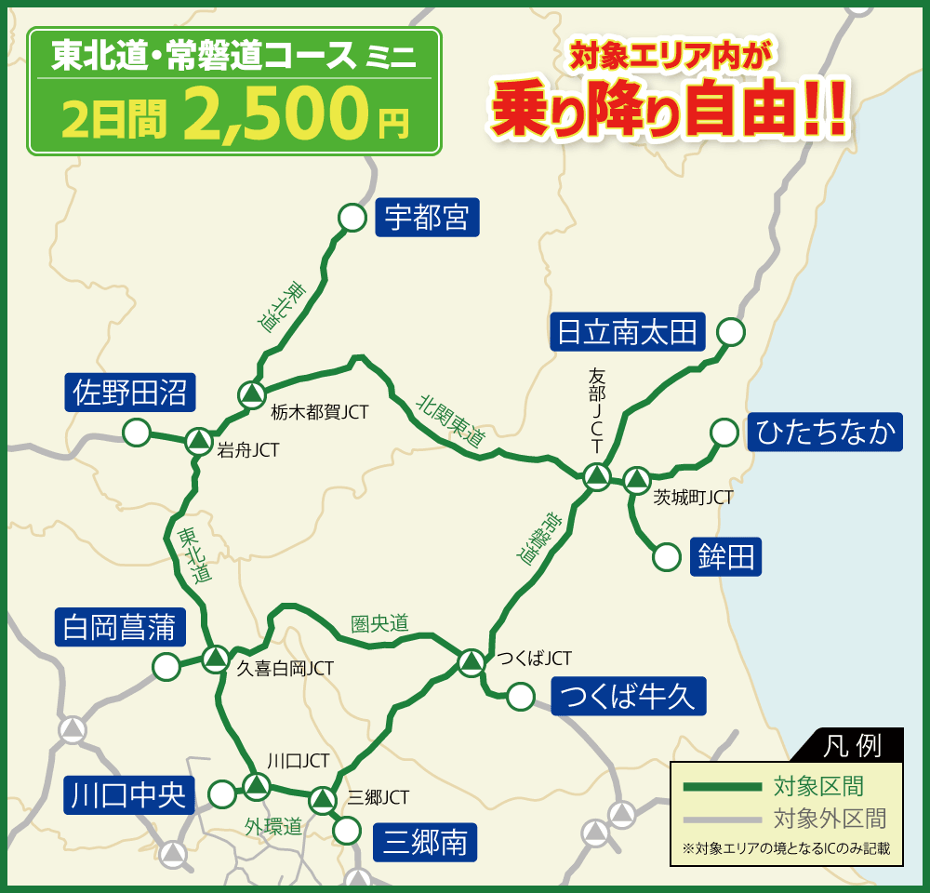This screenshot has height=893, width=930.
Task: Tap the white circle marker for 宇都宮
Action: pyautogui.click(x=352, y=218)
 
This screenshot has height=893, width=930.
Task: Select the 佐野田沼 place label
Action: pyautogui.click(x=130, y=393)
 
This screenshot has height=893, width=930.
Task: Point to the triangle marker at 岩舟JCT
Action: pyautogui.click(x=198, y=441)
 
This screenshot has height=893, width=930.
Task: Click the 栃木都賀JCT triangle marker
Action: pyautogui.click(x=251, y=395)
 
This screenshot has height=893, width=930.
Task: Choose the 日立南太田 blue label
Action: pyautogui.click(x=627, y=331)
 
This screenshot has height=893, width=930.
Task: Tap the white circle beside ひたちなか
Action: pyautogui.click(x=724, y=433)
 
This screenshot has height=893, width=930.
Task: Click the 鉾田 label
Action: pyautogui.click(x=725, y=557)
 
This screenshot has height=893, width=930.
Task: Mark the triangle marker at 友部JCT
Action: pyautogui.click(x=596, y=478)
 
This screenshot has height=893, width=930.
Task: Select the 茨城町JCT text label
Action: pyautogui.click(x=692, y=498)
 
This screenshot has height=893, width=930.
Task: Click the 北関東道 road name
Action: pyautogui.click(x=451, y=422)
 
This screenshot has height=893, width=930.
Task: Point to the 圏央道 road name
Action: pyautogui.click(x=379, y=623)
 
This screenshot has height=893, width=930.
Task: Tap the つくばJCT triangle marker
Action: pyautogui.click(x=471, y=662)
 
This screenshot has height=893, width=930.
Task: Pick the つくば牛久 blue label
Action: pyautogui.click(x=629, y=696)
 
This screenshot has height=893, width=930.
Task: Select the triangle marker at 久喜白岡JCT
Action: pyautogui.click(x=216, y=659)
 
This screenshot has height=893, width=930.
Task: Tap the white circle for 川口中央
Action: pyautogui.click(x=222, y=794)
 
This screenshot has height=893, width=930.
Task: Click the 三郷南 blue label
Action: pyautogui.click(x=424, y=843)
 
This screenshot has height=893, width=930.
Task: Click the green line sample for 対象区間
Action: pyautogui.click(x=722, y=787)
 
